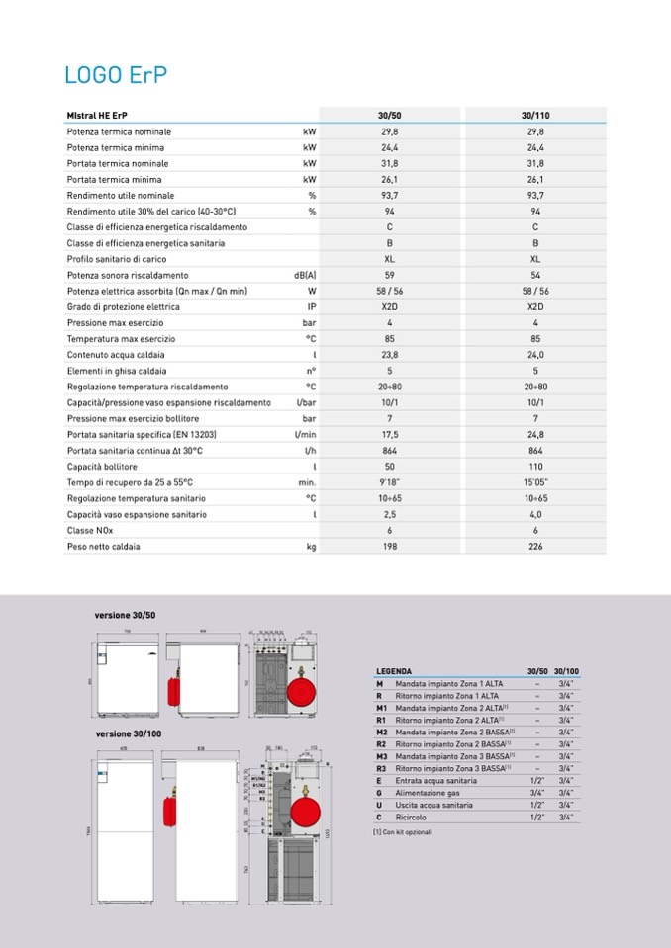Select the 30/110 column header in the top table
(535, 116)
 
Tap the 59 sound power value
(390, 275)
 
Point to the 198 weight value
(390, 546)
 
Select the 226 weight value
(535, 546)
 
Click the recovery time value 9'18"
(390, 482)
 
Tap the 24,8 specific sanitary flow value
(535, 434)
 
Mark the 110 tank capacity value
(535, 466)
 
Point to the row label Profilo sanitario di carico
(116, 259)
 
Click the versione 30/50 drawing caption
(125, 615)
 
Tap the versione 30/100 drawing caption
(128, 734)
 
